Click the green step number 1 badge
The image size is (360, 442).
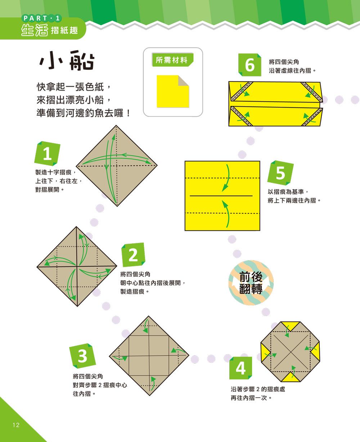tap(47, 154)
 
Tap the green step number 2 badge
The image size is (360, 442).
tap(133, 255)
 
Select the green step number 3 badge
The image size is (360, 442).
tap(82, 356)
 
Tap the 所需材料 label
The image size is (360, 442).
tap(172, 60)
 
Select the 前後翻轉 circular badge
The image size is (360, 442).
tap(251, 282)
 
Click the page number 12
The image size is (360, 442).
tap(16, 425)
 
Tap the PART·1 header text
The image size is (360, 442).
tap(42, 18)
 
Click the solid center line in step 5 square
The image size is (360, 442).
tap(221, 196)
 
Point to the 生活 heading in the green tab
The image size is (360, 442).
tap(35, 30)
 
